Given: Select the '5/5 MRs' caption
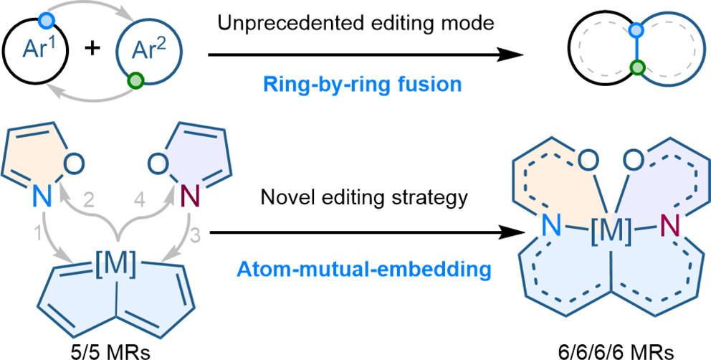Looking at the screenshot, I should tap(95, 351).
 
